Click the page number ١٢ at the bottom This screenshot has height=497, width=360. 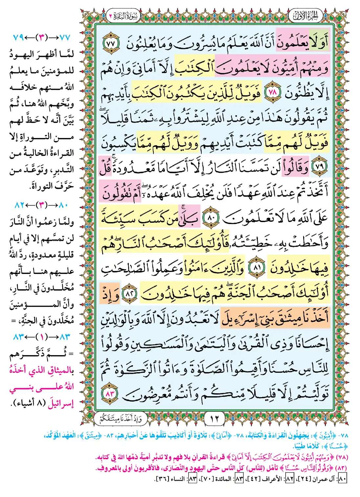pyautogui.click(x=214, y=419)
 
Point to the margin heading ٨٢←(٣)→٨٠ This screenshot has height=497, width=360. pyautogui.click(x=42, y=205)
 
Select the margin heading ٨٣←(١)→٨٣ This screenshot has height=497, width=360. pyautogui.click(x=42, y=337)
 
